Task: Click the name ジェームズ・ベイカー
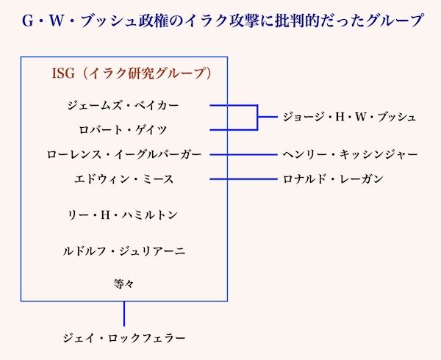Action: [123, 106]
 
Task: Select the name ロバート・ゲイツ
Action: [123, 130]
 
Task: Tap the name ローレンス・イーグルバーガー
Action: [123, 154]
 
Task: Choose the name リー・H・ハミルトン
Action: [123, 215]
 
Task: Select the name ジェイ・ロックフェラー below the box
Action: [123, 338]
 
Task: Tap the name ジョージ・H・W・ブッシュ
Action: [349, 118]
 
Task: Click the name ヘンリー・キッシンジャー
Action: [350, 154]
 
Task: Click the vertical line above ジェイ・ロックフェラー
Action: [123, 314]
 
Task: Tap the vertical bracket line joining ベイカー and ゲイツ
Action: [257, 118]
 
